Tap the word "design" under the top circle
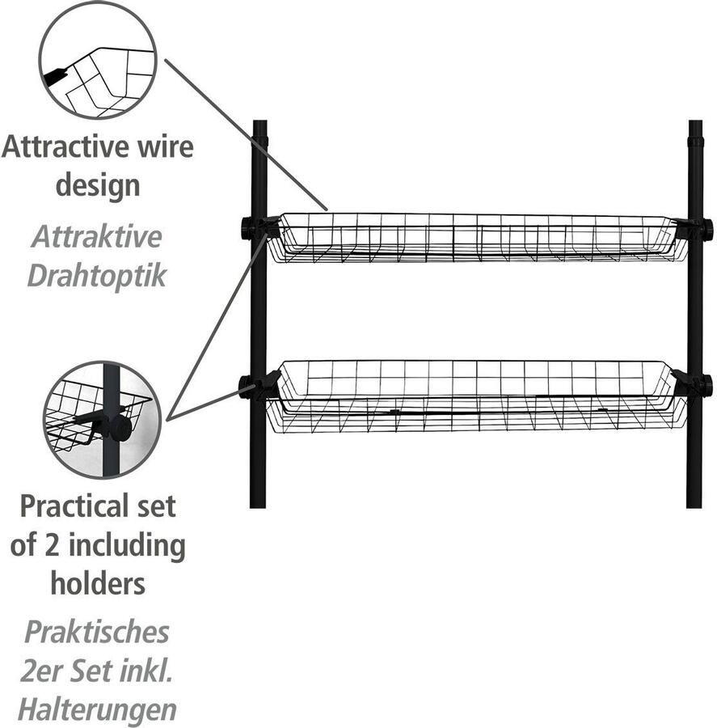point(97,186)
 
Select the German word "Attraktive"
point(97,237)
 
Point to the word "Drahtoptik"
point(97,275)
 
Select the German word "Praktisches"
point(97,632)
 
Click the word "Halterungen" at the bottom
point(97,709)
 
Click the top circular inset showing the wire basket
point(97,61)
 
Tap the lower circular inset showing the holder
point(102,419)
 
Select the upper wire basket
point(477,238)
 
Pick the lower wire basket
point(477,396)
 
